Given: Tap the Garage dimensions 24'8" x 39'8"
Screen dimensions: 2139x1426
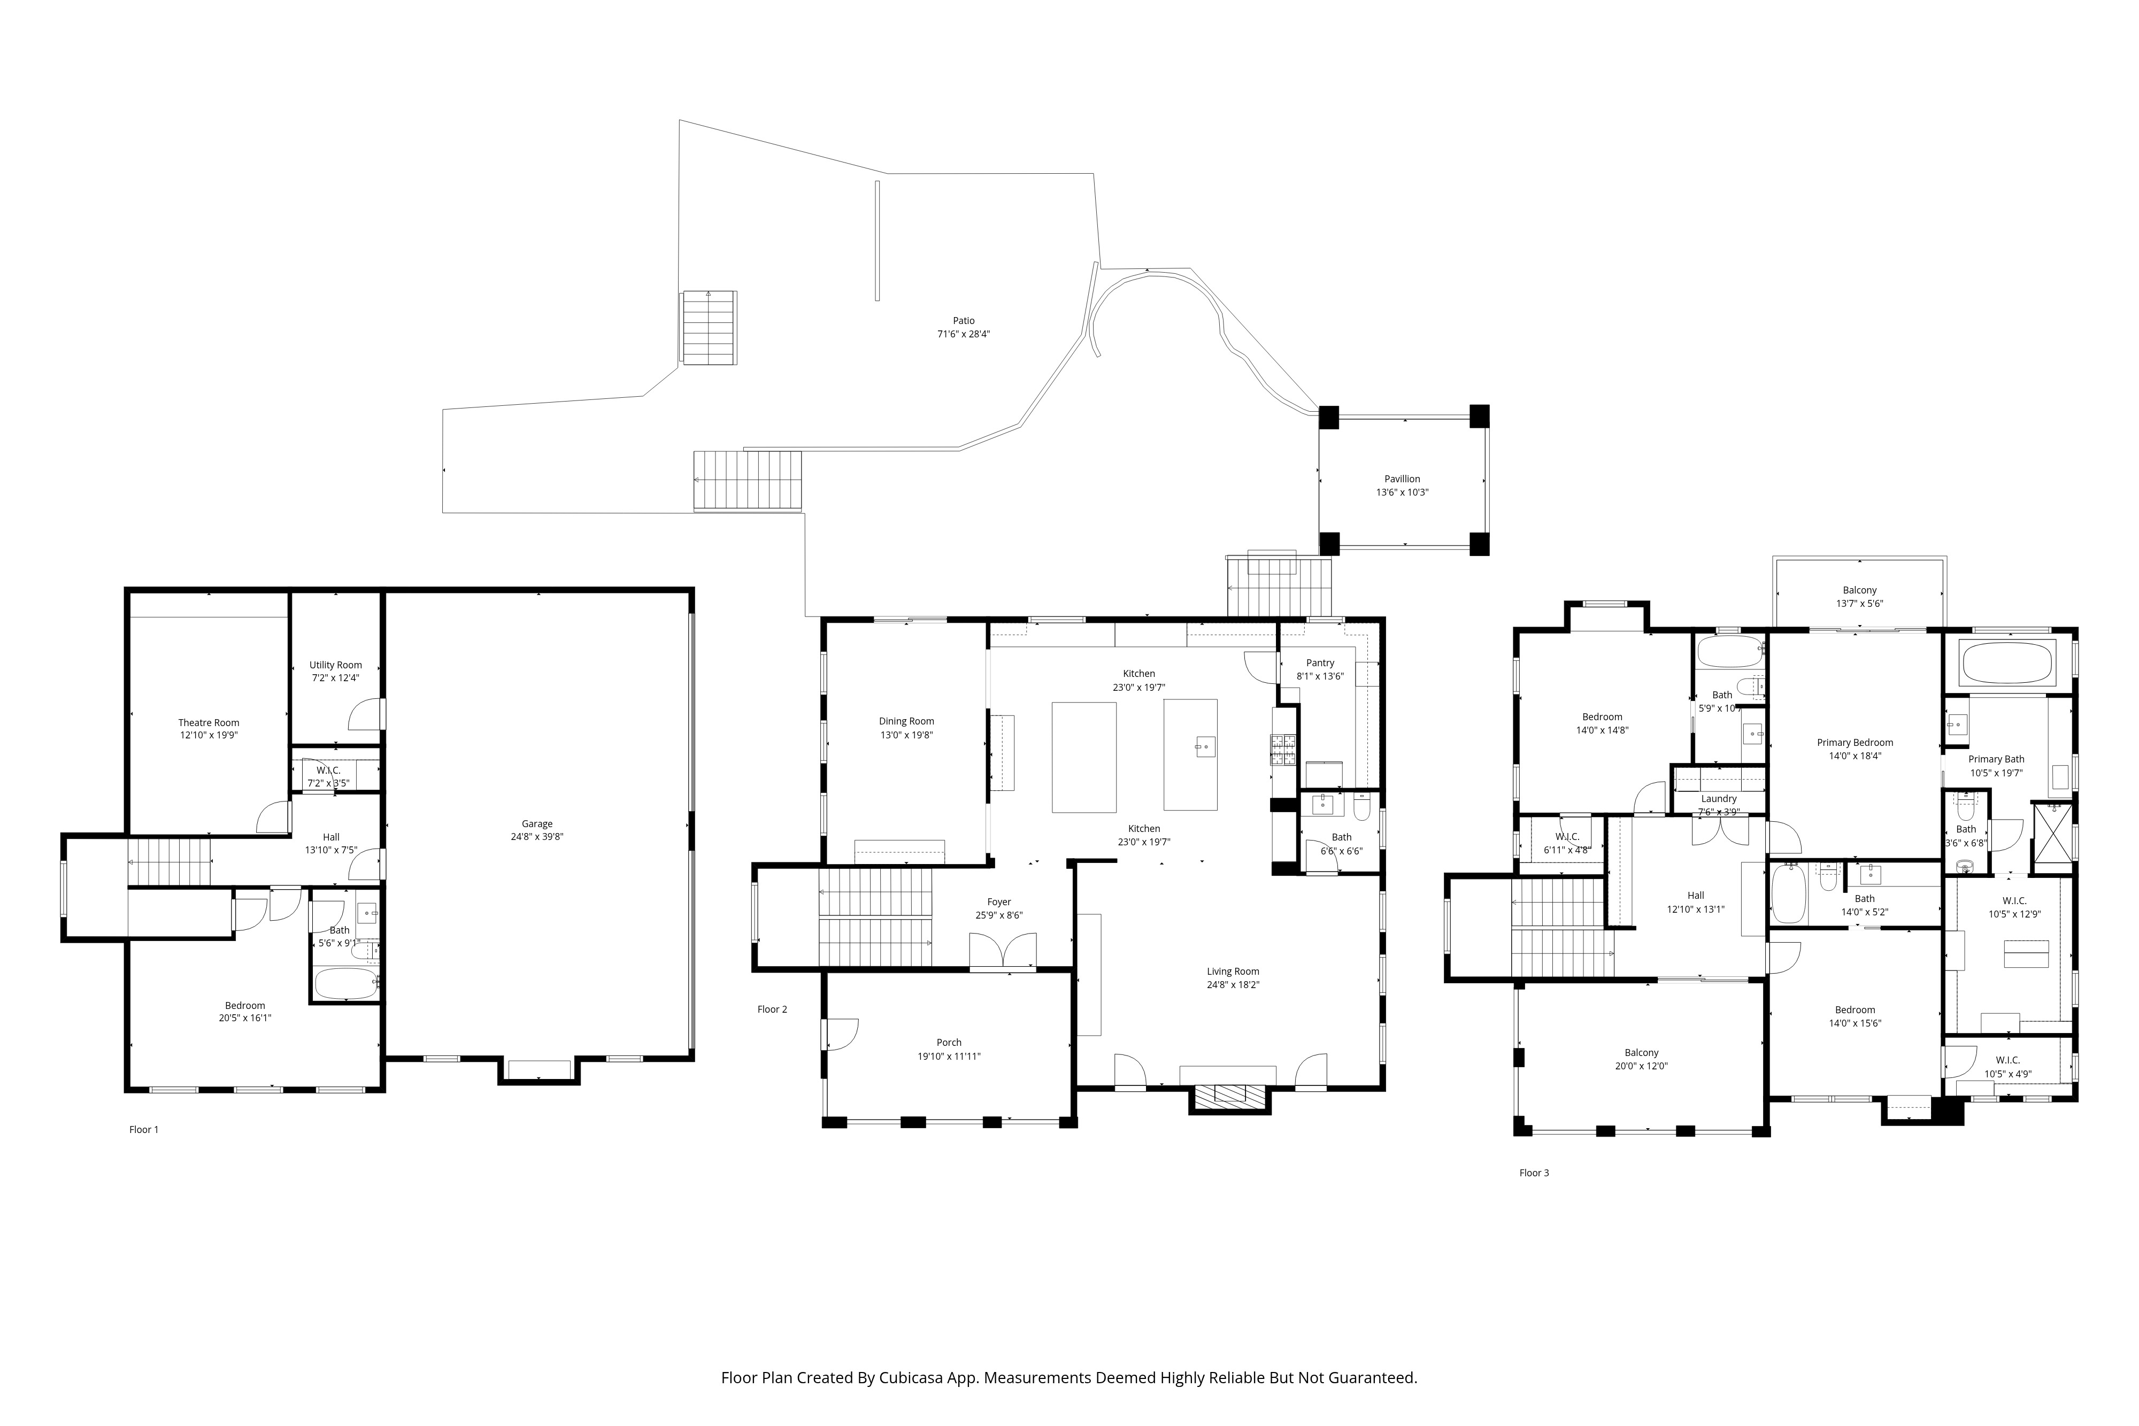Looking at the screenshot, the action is [x=537, y=837].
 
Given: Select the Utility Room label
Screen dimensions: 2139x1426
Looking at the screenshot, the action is [x=336, y=665].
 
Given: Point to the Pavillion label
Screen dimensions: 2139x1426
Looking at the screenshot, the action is [x=1402, y=479].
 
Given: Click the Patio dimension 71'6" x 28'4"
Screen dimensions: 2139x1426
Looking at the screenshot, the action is [x=964, y=334].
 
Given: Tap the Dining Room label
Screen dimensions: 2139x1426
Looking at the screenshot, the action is [x=907, y=721].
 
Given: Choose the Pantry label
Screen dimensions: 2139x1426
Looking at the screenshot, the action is [x=1320, y=663].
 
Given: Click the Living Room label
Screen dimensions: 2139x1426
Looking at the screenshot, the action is [x=1233, y=972].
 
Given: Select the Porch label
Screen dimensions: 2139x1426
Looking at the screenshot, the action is [x=950, y=1042].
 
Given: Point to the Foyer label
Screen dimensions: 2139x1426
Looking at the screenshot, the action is [x=999, y=902].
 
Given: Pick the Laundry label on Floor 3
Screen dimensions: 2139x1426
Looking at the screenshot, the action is [x=1719, y=798].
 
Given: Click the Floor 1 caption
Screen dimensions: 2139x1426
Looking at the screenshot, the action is [x=144, y=1130].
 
